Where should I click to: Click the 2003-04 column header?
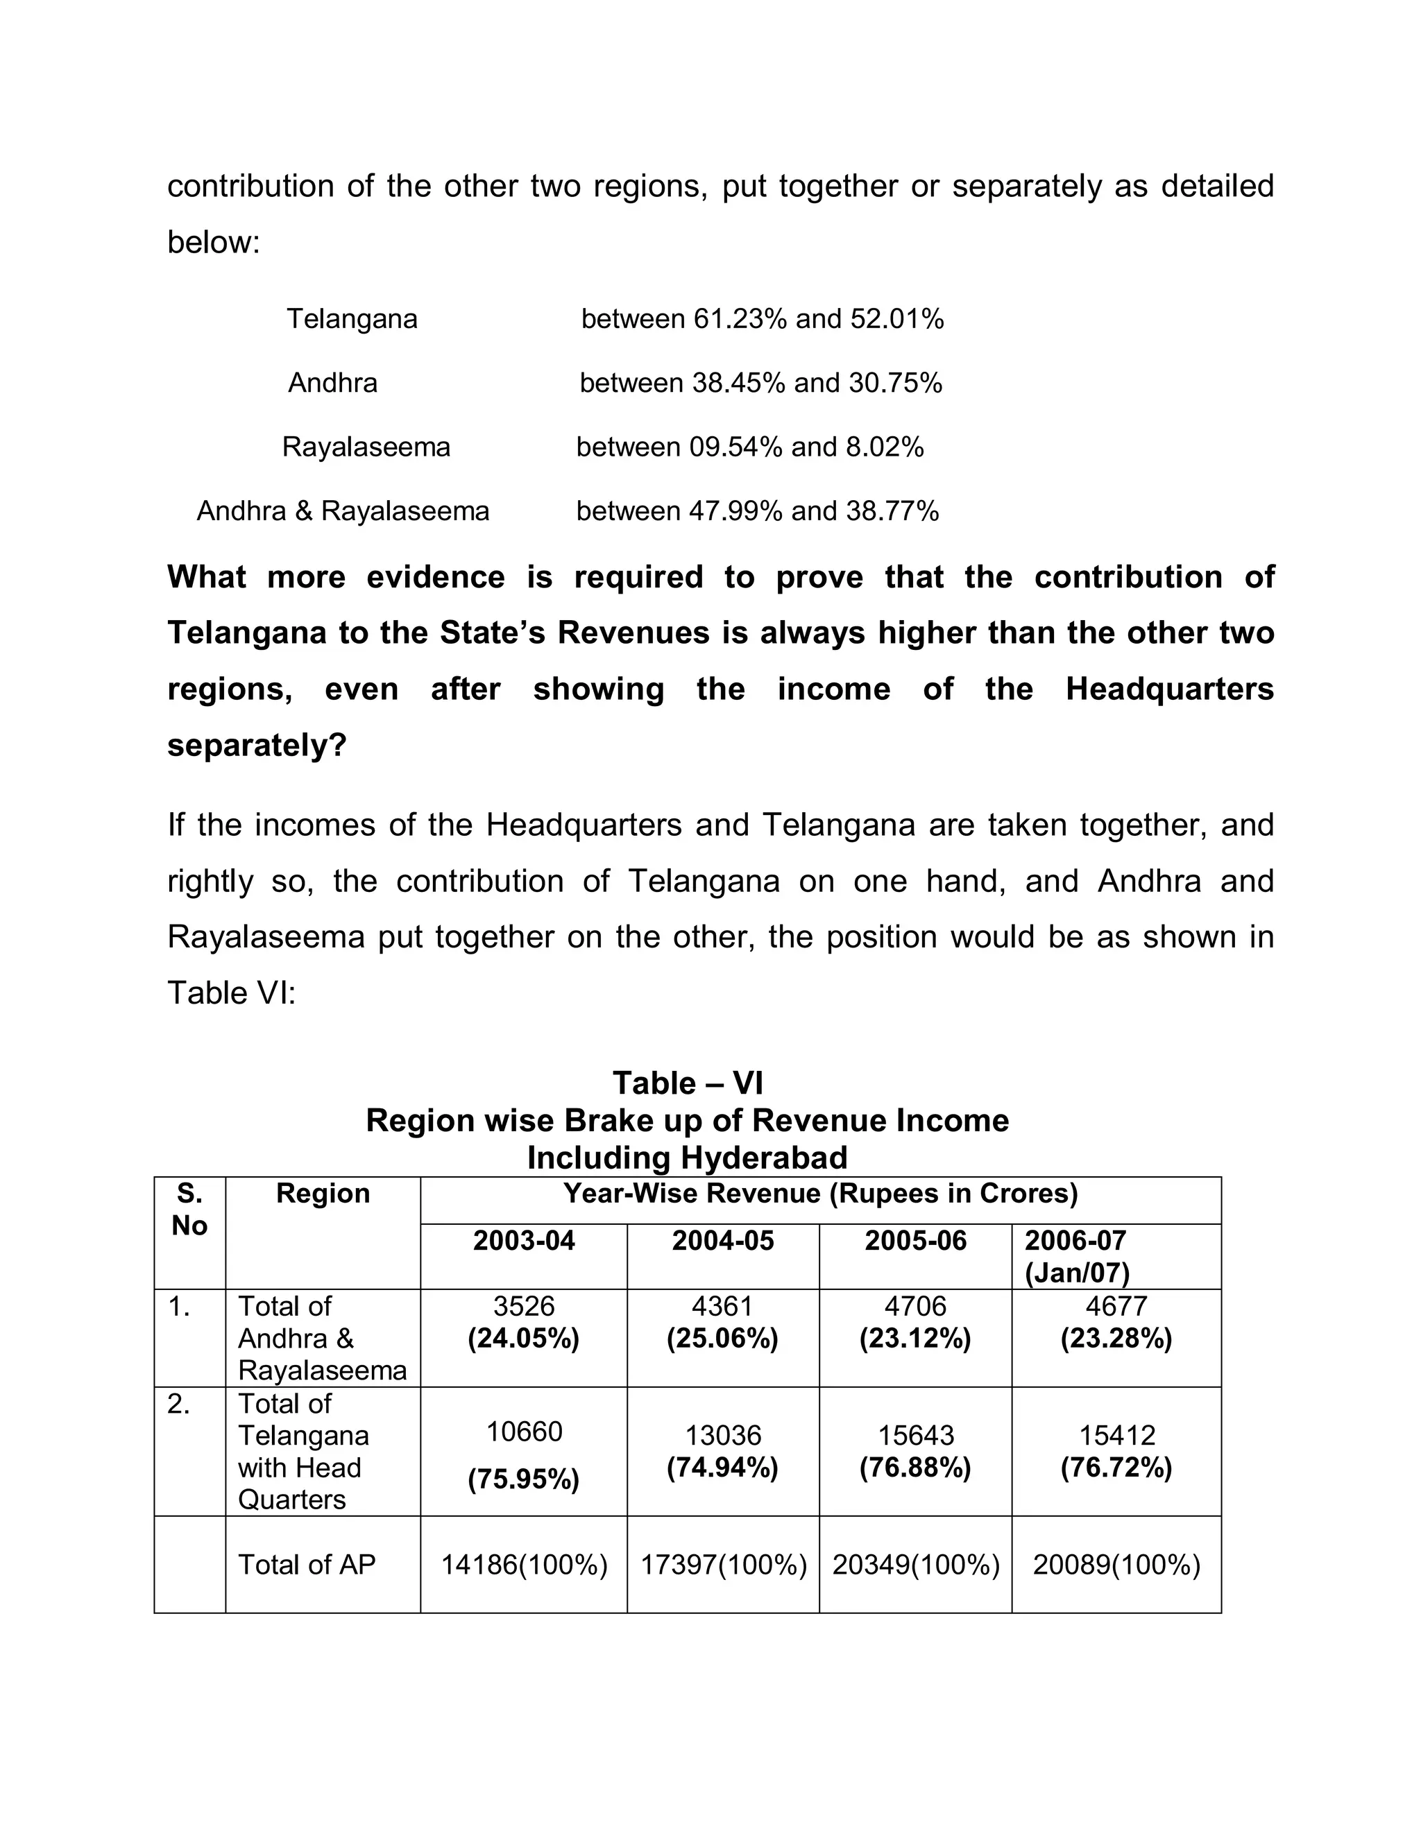[x=524, y=1241]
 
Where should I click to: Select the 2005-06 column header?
[x=915, y=1241]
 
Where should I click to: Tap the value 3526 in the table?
[x=524, y=1306]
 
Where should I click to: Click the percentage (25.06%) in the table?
[x=722, y=1338]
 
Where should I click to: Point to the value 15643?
[x=915, y=1436]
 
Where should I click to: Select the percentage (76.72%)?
[x=1116, y=1468]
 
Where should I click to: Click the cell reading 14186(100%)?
[x=524, y=1565]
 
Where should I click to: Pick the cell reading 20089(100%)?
[x=1116, y=1565]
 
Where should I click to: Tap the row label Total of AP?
[x=307, y=1565]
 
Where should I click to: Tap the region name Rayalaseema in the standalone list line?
[x=366, y=447]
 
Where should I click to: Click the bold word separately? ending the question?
[x=257, y=745]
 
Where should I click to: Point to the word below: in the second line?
[x=214, y=242]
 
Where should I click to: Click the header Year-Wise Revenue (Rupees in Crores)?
[x=820, y=1194]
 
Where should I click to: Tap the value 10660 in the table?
[x=524, y=1432]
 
